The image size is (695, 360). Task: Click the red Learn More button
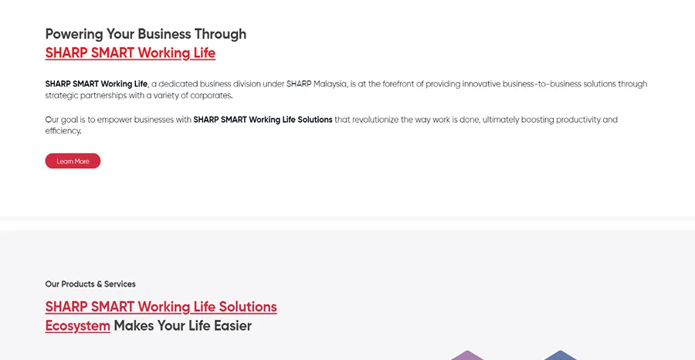73,161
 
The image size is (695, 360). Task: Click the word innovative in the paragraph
481,83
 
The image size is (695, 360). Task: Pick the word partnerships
103,95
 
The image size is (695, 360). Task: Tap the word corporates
212,96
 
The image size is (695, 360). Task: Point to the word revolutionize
375,119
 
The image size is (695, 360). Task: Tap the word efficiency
63,131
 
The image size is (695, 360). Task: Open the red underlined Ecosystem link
77,326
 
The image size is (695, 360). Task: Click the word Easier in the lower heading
232,326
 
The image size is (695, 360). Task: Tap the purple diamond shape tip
468,352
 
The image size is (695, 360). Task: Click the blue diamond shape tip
561,352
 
